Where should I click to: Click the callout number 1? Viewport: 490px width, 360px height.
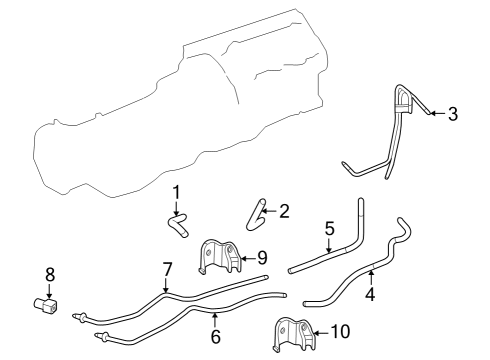(x=175, y=192)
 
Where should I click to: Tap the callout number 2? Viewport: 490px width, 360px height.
(x=284, y=211)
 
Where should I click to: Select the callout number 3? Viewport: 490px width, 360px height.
(x=452, y=114)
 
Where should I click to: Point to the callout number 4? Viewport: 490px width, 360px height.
(x=370, y=295)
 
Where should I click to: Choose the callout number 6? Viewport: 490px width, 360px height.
(x=215, y=337)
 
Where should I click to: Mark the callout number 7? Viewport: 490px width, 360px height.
(x=167, y=269)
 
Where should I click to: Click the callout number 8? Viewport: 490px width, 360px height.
(x=50, y=273)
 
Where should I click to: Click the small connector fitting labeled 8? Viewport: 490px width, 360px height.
(x=46, y=305)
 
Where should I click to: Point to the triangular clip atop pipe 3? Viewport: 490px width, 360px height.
(x=404, y=101)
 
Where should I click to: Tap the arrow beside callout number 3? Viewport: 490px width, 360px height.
(x=435, y=114)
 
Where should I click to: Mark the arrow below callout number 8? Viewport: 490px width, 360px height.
(x=50, y=289)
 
